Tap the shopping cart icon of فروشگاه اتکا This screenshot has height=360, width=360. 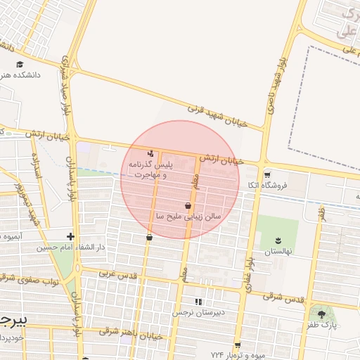266,174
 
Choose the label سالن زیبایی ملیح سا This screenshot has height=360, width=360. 188,216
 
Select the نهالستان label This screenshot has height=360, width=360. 277,251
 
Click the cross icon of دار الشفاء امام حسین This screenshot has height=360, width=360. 70,237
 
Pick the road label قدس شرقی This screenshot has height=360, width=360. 283,297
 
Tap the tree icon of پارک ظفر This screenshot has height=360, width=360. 322,314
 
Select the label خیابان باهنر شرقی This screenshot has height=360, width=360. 131,334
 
